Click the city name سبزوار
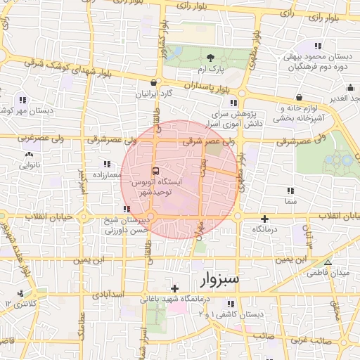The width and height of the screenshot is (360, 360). tap(214, 279)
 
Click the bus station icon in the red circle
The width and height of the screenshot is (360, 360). tap(155, 171)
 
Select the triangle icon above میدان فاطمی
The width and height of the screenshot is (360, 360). tap(327, 262)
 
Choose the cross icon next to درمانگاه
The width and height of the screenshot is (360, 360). tap(264, 219)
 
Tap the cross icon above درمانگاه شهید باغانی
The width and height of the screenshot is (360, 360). tap(174, 288)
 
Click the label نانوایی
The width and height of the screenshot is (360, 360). tap(29, 165)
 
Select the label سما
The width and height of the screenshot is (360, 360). tap(290, 201)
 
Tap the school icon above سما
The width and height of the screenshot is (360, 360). tap(290, 191)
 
